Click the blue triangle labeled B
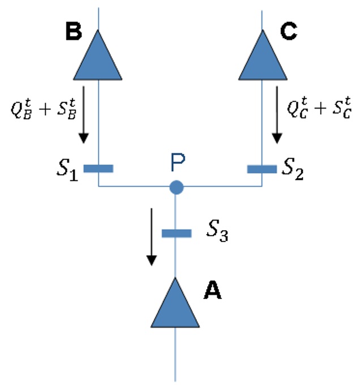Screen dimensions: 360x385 [97, 59]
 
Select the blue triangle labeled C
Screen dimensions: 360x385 [263, 59]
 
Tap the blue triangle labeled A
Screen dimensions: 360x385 [175, 307]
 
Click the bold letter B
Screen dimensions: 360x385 [74, 31]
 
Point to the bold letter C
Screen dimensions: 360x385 [289, 31]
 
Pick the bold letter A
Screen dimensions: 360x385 [213, 290]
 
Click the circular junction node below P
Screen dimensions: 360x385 [177, 187]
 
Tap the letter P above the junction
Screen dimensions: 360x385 [178, 162]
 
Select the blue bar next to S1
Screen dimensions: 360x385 [98, 168]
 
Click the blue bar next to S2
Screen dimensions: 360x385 [262, 169]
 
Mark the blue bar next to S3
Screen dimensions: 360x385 [177, 233]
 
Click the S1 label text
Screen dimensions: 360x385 [67, 170]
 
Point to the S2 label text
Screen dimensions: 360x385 [293, 169]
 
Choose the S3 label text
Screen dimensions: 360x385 [217, 231]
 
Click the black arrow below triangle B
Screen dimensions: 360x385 [84, 115]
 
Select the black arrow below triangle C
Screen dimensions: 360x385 [277, 115]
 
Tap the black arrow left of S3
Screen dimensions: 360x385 [152, 237]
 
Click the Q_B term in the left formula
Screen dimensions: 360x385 [22, 109]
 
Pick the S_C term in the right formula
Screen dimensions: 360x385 [342, 108]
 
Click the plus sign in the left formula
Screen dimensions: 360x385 [45, 109]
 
